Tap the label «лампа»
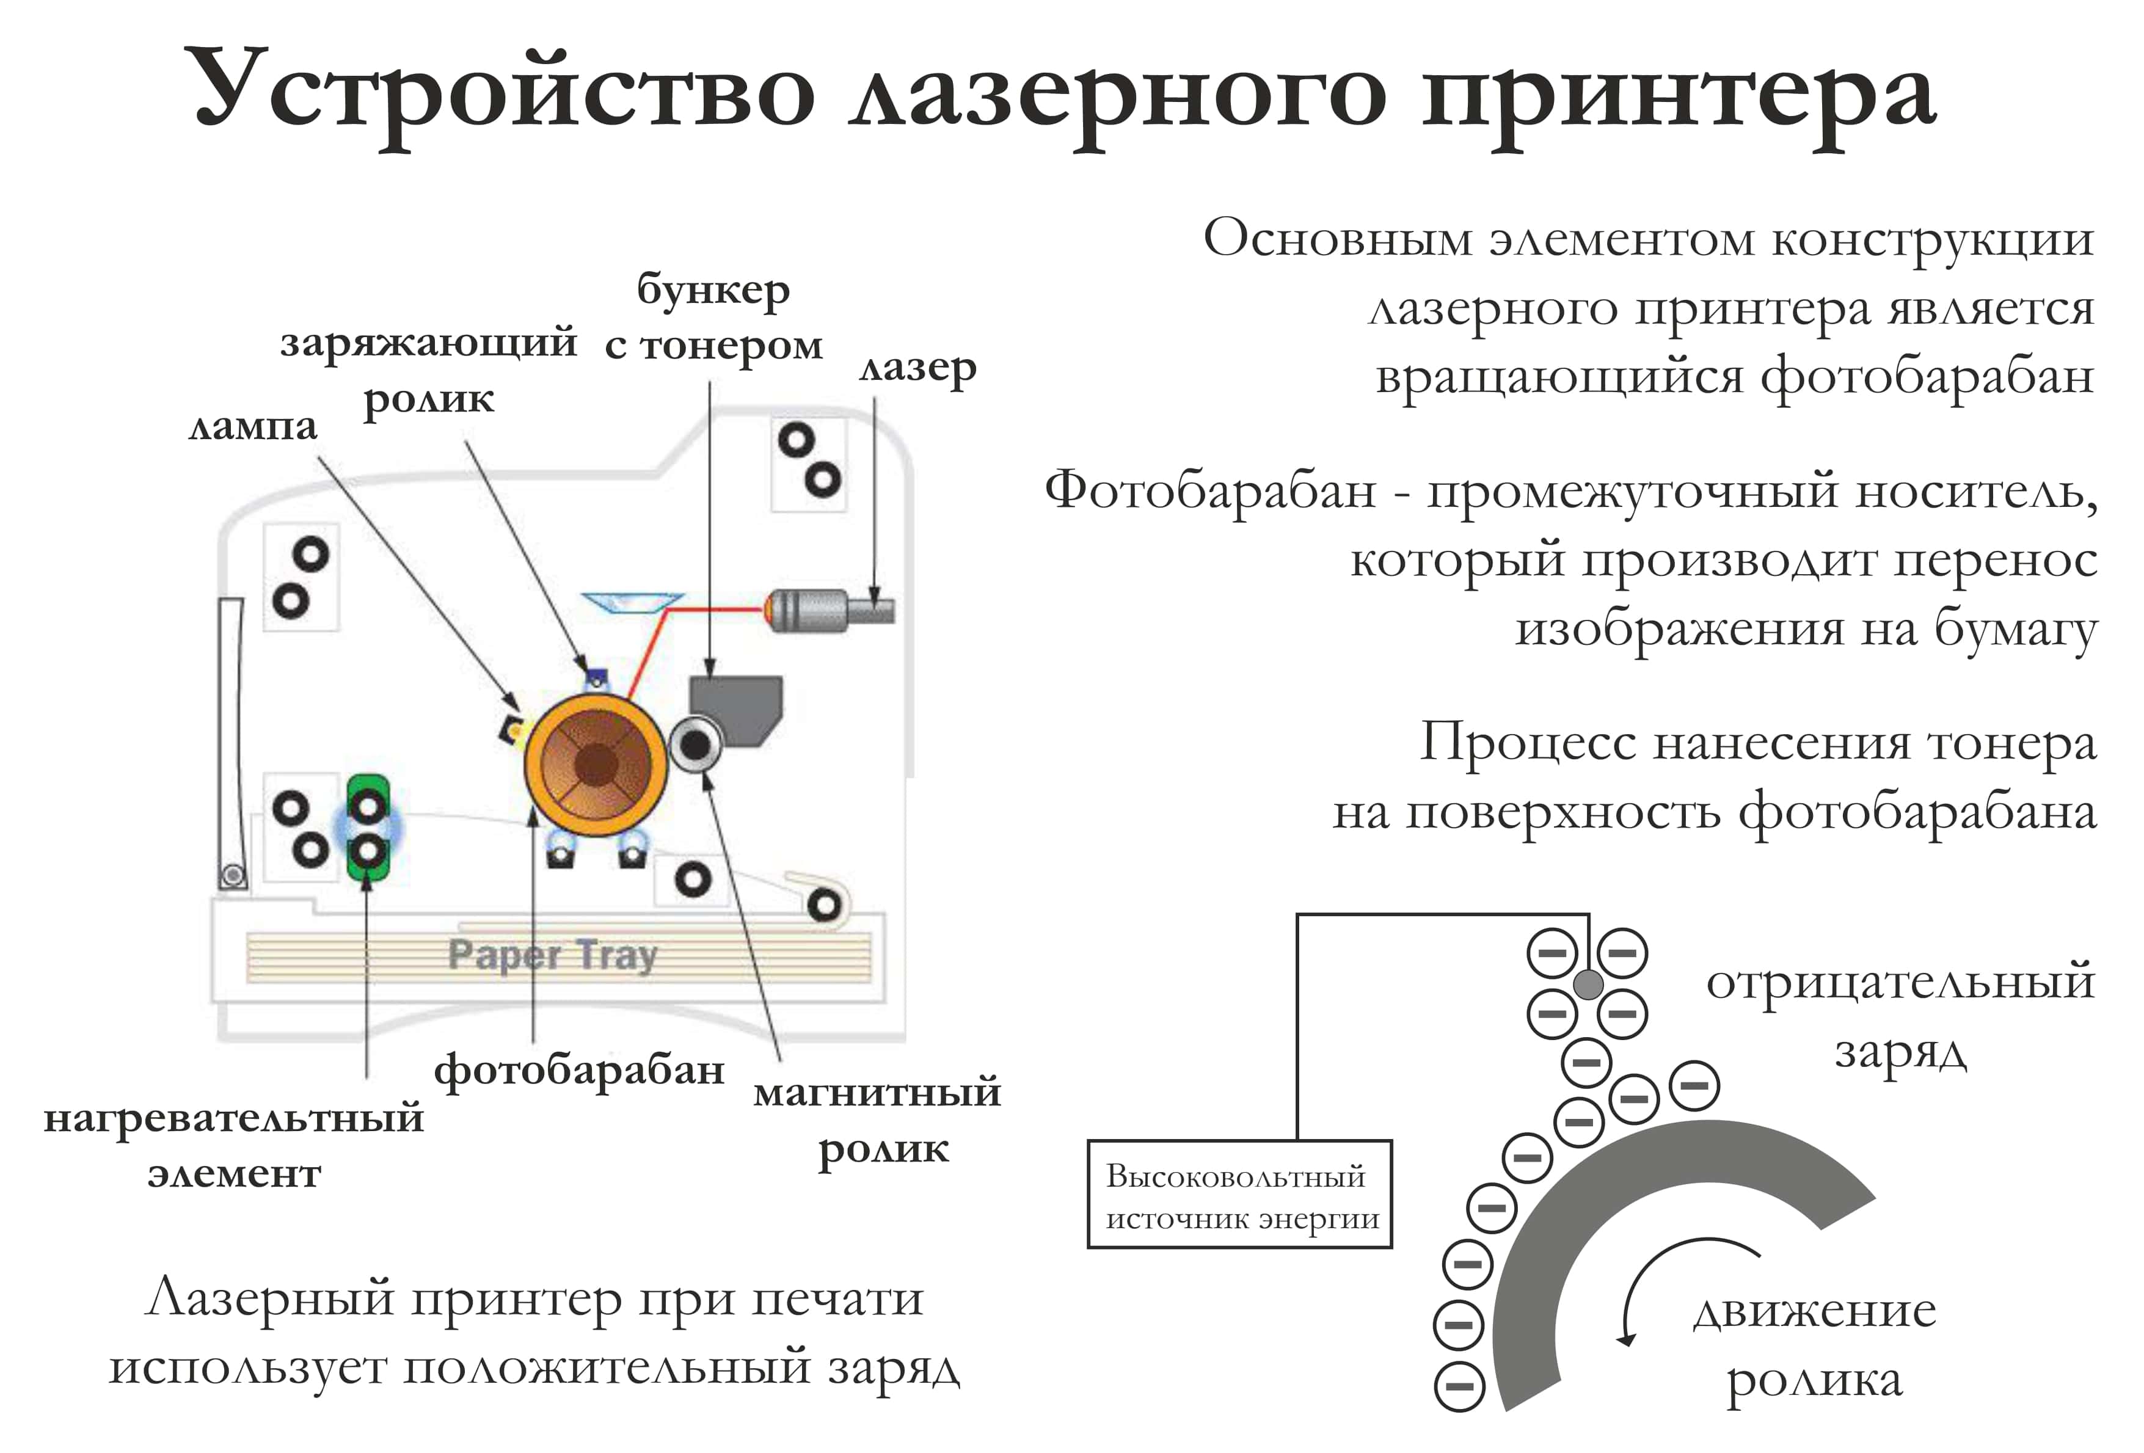(x=252, y=427)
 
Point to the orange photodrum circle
(x=595, y=765)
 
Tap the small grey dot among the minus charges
(x=1588, y=985)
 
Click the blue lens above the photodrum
(x=632, y=602)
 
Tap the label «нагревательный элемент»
(x=233, y=1145)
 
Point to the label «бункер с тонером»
(x=713, y=318)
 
